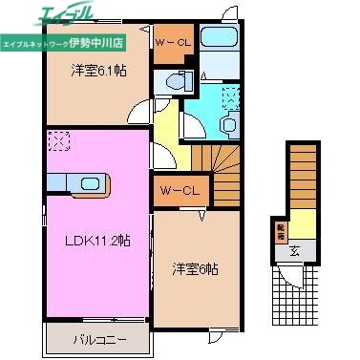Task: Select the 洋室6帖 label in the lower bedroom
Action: pyautogui.click(x=195, y=269)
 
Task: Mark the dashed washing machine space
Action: pyautogui.click(x=230, y=95)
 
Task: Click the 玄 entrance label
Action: pyautogui.click(x=294, y=252)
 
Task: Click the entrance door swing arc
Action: pyautogui.click(x=294, y=279)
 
